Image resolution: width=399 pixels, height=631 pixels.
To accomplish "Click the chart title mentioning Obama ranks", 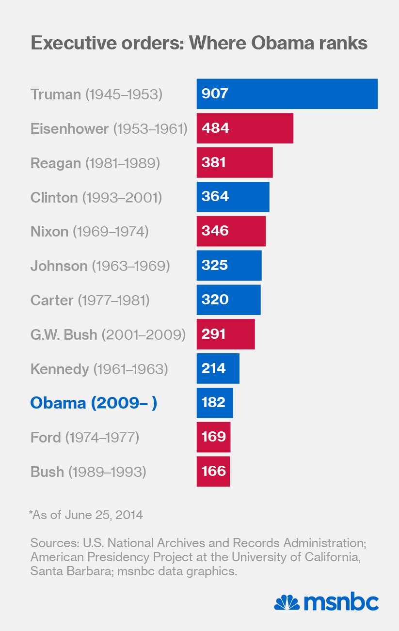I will pos(199,44).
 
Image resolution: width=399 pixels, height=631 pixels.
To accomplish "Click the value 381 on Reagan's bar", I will pos(214,162).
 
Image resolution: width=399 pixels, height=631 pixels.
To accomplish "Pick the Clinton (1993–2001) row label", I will pos(96,197).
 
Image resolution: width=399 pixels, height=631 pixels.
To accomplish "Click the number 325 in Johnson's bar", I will pos(214,266).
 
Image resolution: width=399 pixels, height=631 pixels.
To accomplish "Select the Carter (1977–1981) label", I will pos(90,300).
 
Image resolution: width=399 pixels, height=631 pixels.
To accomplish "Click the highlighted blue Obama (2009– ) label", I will pos(94,403).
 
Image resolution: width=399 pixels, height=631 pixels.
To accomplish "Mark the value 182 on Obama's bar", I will pos(214,403).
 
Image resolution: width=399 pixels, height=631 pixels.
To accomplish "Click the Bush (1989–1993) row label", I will pos(88,472).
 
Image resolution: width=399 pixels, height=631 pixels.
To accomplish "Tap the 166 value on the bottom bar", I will pos(214,472).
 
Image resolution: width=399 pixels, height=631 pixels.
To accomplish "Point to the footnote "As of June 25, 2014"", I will pos(86,514).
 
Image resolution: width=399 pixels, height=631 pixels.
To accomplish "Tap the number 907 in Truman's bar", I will pos(214,94).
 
